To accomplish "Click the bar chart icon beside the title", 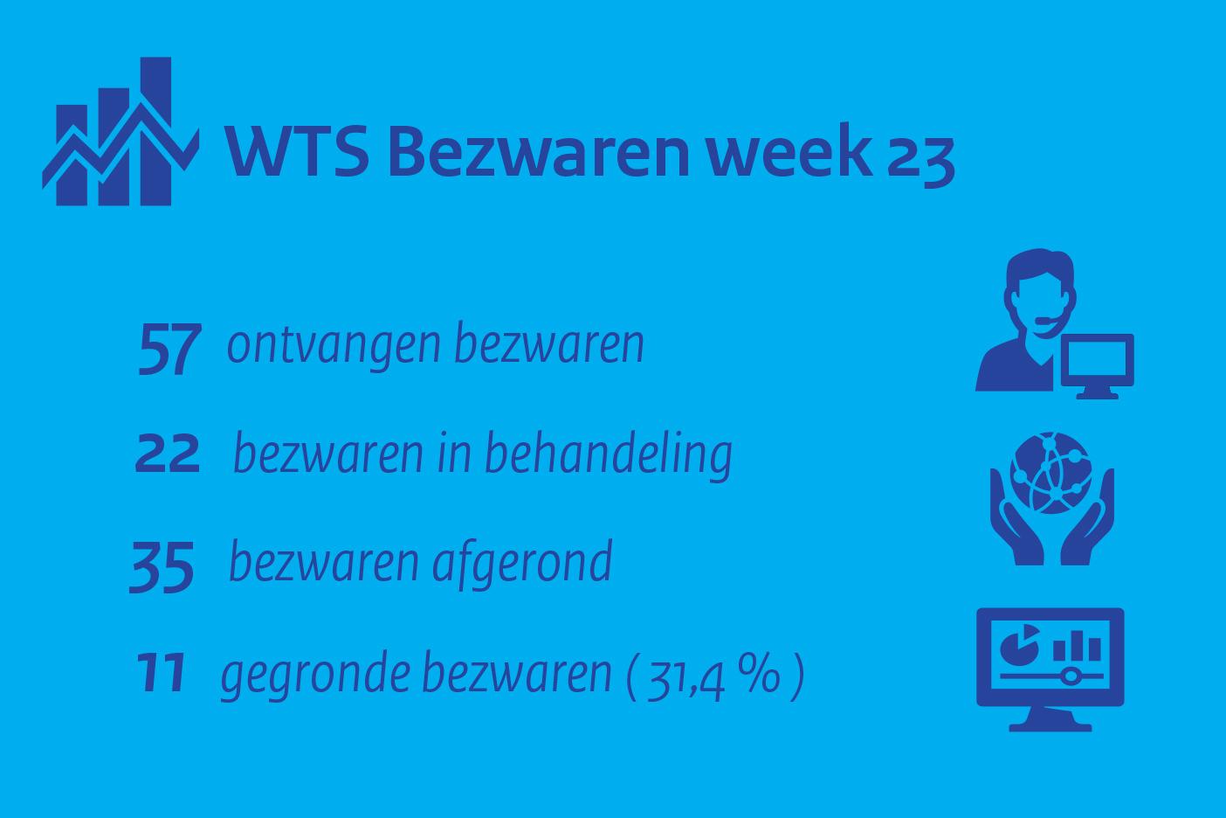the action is [x=121, y=131].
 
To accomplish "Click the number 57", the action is [x=170, y=349].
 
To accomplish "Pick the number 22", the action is [x=168, y=454].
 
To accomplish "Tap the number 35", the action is [x=162, y=566].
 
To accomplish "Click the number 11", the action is [x=161, y=672].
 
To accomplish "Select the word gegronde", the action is [x=315, y=675].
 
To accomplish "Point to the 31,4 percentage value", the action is [x=686, y=679].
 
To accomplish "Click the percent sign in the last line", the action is [x=759, y=674].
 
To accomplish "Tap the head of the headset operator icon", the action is [x=1040, y=290].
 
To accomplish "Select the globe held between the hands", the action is [x=1050, y=473].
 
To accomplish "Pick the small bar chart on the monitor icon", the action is [x=1077, y=647].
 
